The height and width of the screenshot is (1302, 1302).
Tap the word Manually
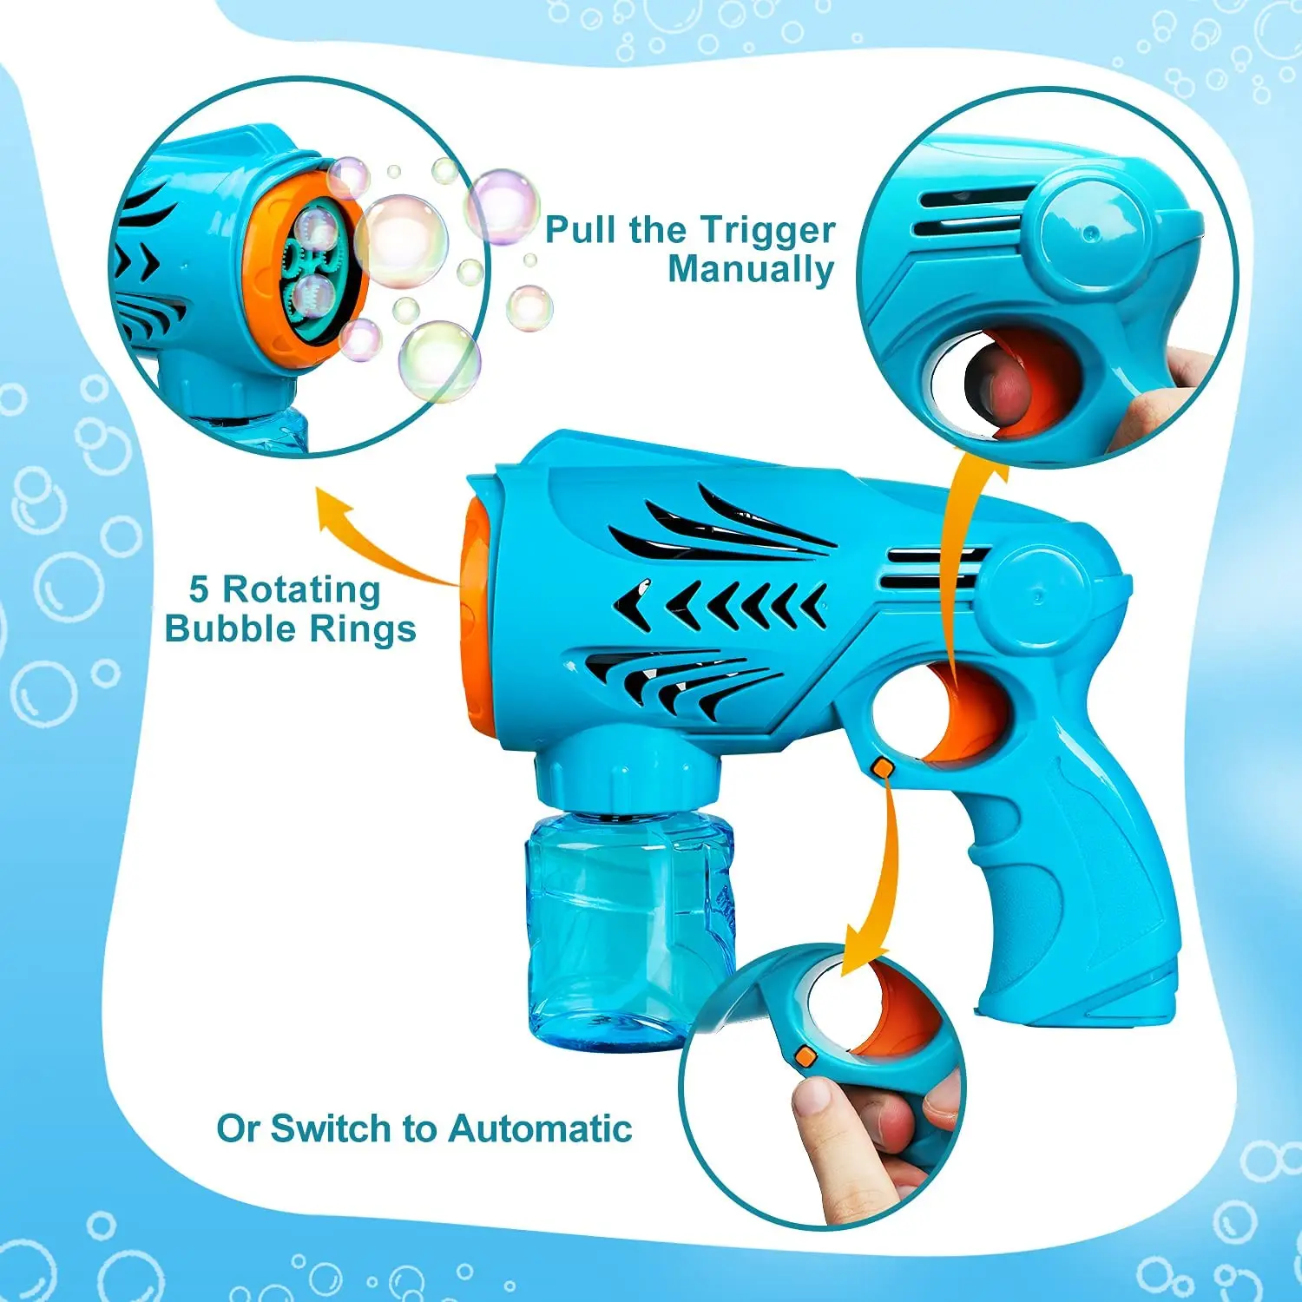tap(751, 269)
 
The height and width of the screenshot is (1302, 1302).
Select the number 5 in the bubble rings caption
tap(199, 589)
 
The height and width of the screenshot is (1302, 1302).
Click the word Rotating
tap(302, 589)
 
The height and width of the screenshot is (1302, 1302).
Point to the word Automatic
tap(540, 1128)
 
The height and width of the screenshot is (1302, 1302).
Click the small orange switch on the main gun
tap(882, 767)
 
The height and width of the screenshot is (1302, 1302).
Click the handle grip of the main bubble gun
tap(1085, 885)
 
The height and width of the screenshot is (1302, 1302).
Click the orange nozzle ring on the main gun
tap(476, 608)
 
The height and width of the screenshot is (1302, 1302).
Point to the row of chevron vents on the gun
tap(720, 603)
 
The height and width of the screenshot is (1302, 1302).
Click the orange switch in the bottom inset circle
tap(806, 1055)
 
